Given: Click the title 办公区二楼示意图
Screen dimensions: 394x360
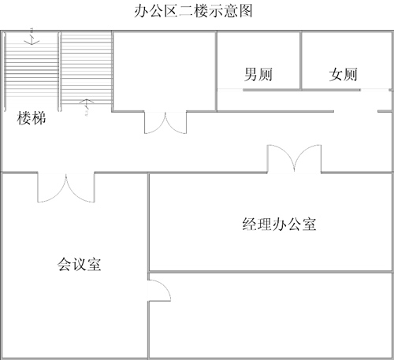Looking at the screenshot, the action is point(193,11).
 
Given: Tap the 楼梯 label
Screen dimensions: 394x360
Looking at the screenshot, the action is point(32,118).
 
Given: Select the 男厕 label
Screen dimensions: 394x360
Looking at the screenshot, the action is point(258,74).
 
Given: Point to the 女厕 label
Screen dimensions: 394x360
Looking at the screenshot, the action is point(343,74).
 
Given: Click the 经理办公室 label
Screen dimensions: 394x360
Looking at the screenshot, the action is point(279,225).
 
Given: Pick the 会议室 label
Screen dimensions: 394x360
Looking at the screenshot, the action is point(80,264).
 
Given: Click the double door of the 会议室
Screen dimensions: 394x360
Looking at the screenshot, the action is point(66,187).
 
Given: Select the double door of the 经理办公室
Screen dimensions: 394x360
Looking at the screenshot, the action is point(294,158).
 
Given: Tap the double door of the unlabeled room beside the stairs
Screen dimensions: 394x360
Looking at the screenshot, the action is point(165,123).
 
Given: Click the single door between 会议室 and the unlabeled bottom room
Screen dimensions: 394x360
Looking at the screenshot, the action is point(159,291).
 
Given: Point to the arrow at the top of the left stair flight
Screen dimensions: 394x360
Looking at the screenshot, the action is point(32,39).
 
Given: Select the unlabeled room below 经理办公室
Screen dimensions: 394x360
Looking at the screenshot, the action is point(270,315).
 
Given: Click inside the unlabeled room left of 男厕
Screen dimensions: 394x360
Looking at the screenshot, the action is point(165,71).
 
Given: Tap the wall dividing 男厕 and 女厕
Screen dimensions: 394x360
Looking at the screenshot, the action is point(301,61).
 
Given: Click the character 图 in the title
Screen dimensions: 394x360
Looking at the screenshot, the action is point(246,11).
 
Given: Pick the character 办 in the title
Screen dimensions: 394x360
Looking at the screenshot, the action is point(141,11).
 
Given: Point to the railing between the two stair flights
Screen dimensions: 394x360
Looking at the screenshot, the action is point(59,72).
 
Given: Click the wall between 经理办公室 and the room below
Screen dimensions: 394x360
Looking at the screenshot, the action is point(270,272).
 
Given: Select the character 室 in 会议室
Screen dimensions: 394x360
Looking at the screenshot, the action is point(95,264).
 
